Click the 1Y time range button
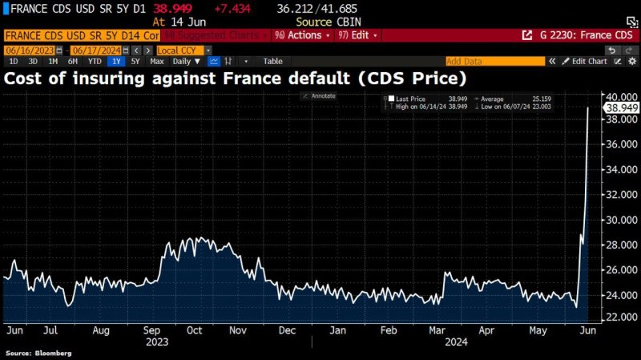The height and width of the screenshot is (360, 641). click(x=117, y=61)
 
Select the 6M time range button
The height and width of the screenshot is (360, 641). click(x=73, y=61)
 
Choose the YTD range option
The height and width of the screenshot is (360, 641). click(x=95, y=61)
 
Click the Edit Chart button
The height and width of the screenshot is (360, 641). click(x=589, y=61)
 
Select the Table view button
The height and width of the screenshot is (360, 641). click(x=272, y=61)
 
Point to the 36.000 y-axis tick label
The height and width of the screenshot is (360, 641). click(x=621, y=144)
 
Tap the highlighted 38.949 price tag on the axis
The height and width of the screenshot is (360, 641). click(x=621, y=107)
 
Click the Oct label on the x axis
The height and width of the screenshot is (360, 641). click(x=195, y=330)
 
